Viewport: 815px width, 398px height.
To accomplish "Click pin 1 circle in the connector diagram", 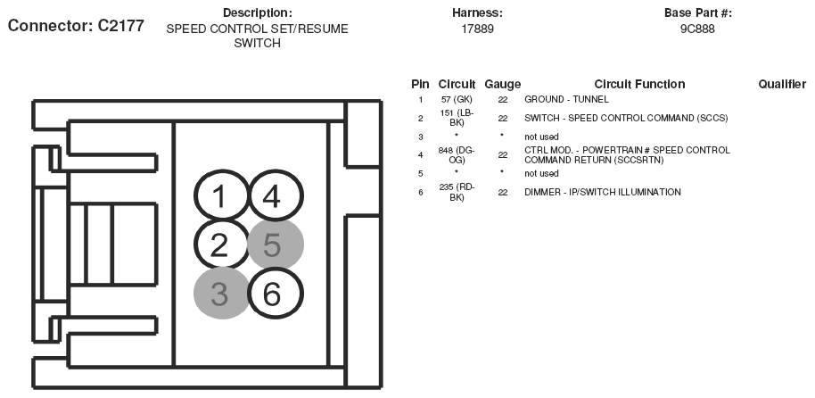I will coord(220,196).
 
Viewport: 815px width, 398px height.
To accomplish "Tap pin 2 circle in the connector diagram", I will coord(220,244).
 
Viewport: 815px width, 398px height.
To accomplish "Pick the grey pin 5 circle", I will coord(275,245).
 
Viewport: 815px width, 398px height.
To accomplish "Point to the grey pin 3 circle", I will coord(220,293).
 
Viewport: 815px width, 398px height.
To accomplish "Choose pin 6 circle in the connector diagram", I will coord(273,293).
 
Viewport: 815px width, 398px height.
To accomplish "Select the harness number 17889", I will coord(477,29).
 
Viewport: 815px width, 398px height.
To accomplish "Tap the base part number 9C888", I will coord(697,29).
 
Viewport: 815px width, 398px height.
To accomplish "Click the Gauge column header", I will coord(503,84).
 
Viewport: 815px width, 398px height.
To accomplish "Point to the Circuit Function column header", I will coord(639,84).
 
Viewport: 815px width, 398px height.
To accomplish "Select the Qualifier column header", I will coord(782,84).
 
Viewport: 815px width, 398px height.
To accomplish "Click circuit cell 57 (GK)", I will coord(456,98).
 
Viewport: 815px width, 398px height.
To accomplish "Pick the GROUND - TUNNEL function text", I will coord(564,98).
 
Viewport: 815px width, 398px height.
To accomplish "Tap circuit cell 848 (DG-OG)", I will coord(456,154).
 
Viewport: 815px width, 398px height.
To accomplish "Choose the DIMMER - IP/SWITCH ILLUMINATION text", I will coord(602,192).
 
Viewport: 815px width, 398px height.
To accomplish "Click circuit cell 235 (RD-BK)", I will coord(456,192).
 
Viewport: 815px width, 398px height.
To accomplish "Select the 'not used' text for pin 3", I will coord(541,136).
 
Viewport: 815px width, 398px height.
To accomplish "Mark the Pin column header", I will coord(420,84).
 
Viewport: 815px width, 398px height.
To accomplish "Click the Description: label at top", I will coord(257,12).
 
